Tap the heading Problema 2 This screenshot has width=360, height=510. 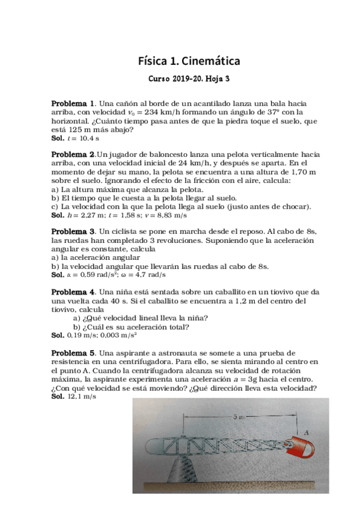click(73, 155)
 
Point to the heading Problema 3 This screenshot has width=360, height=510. click(73, 232)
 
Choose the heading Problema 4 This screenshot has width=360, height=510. click(73, 292)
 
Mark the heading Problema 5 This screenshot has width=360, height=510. click(73, 352)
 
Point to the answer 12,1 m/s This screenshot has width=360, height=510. click(81, 397)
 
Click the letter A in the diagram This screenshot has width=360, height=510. click(307, 431)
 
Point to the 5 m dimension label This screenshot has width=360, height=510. click(239, 416)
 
